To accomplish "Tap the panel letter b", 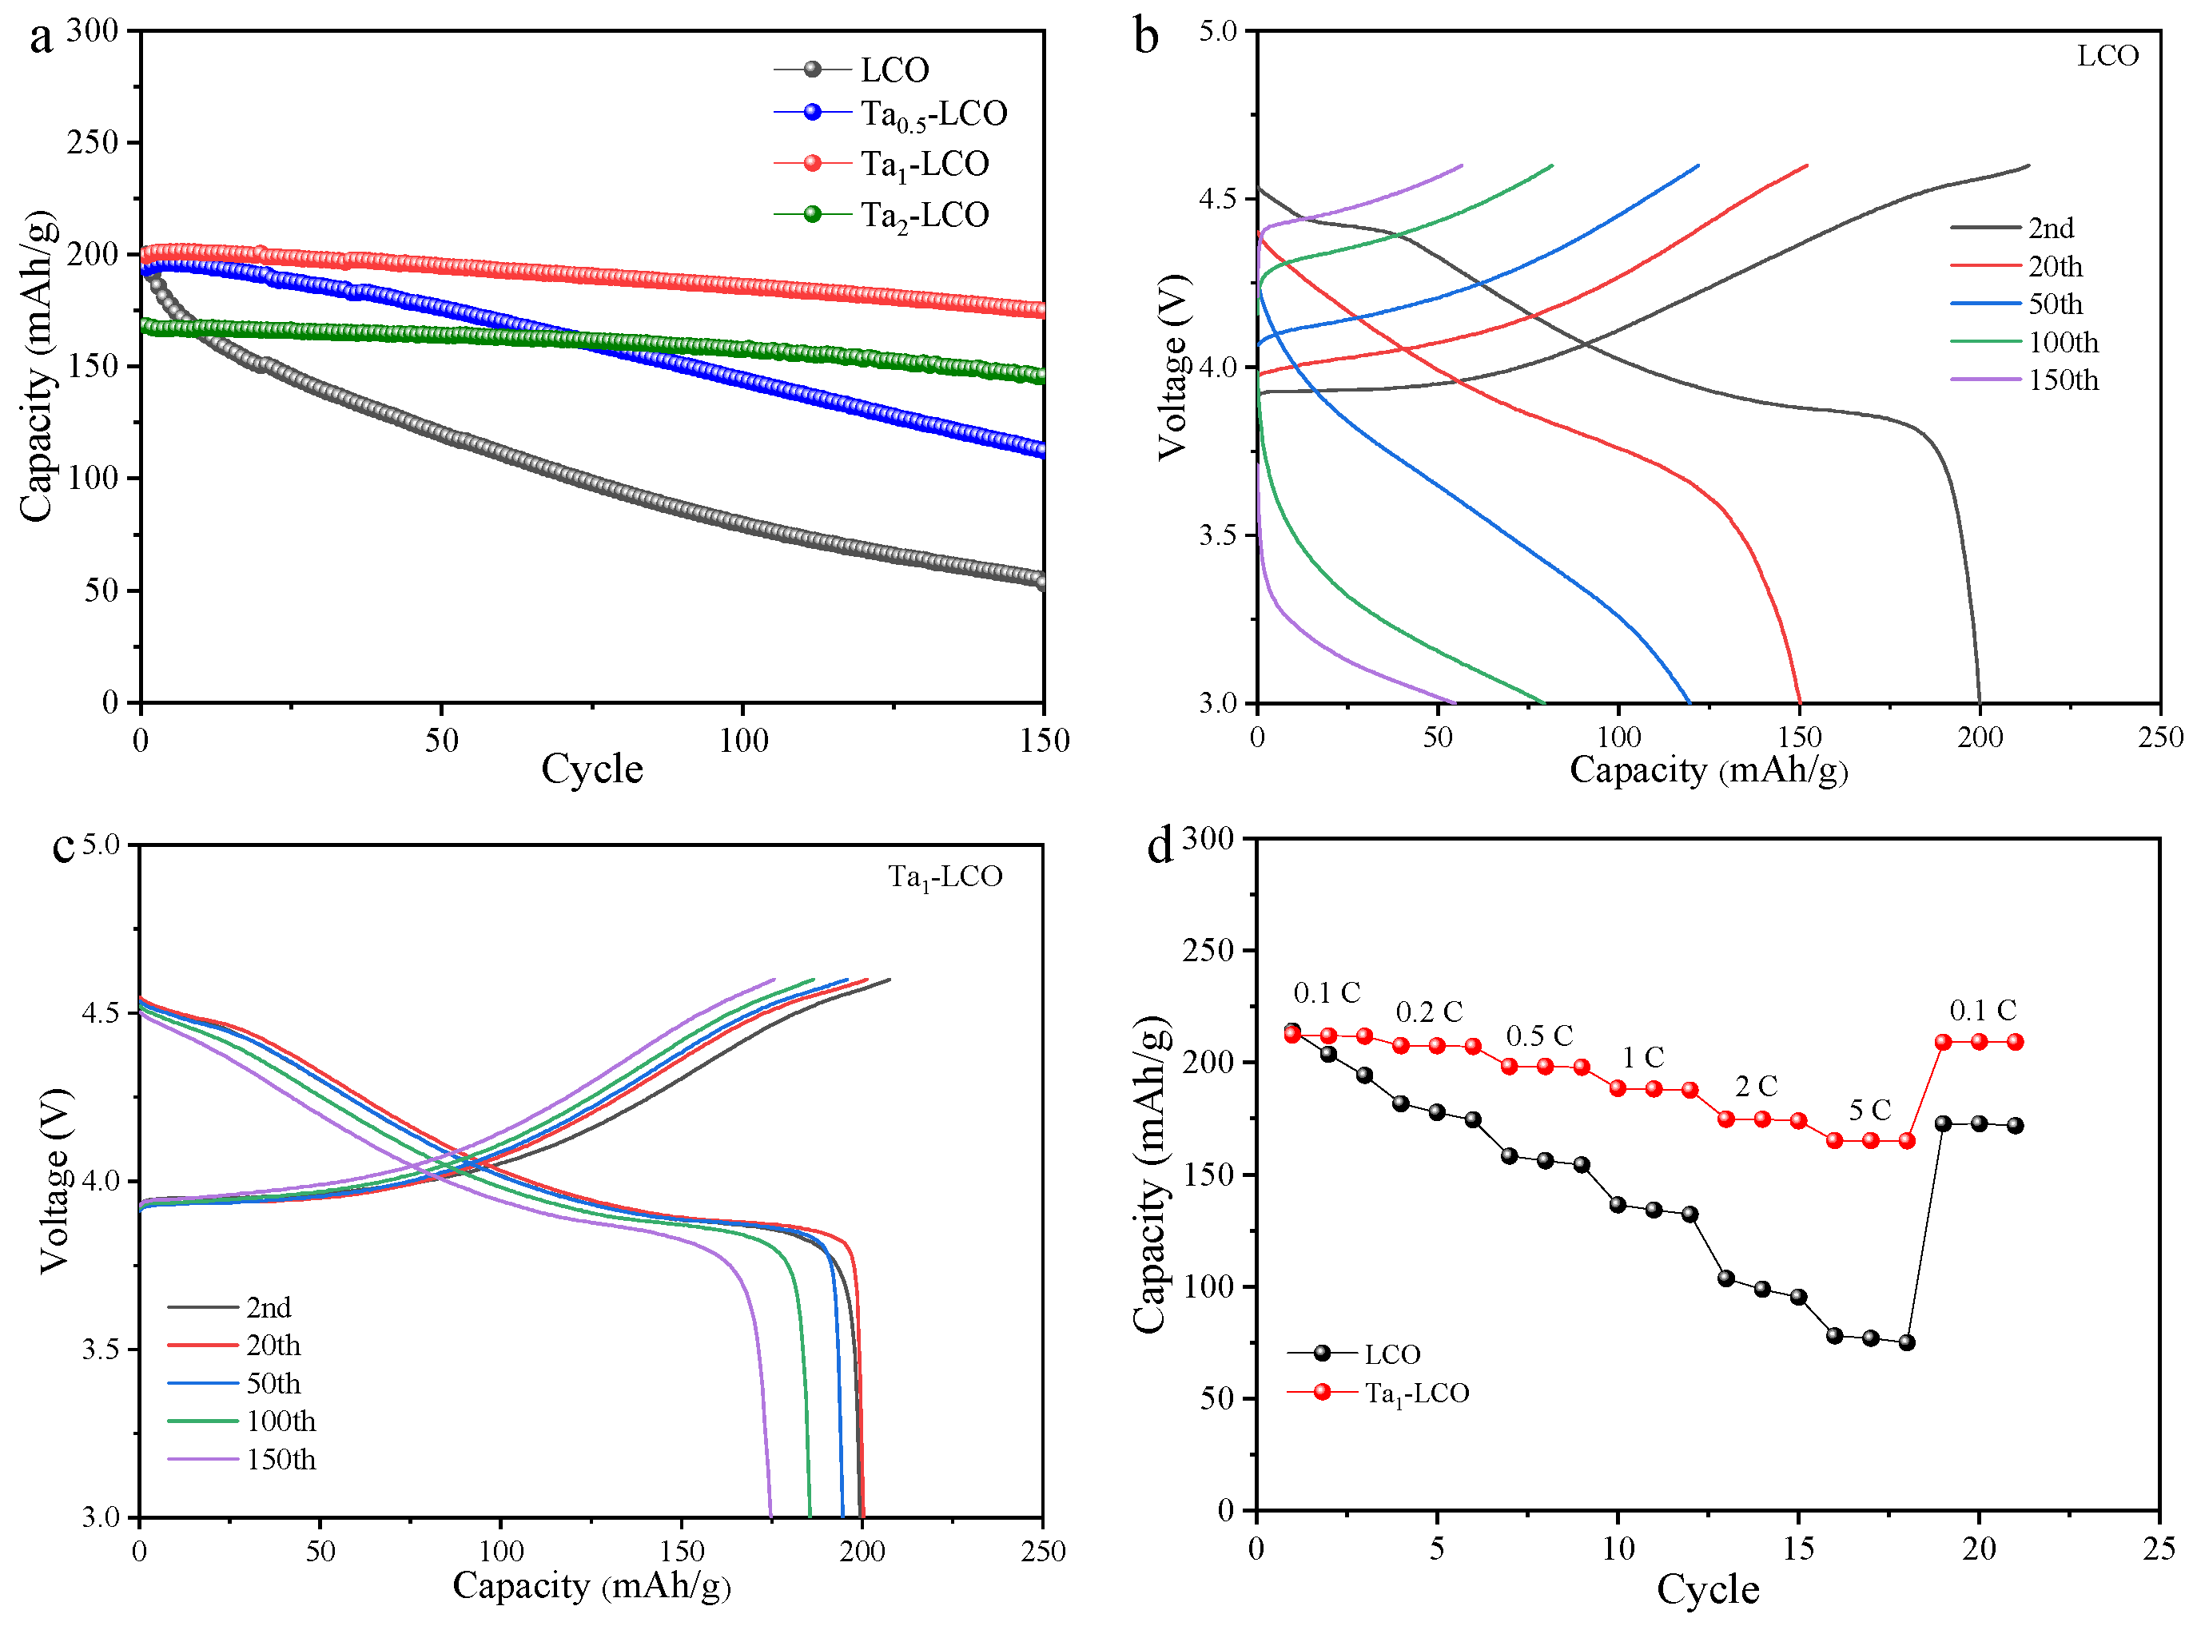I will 1146,38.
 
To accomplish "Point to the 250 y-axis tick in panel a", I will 93,143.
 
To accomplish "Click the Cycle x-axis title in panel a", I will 591,769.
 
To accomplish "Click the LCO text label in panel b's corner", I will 2107,56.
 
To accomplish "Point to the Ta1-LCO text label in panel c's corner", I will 944,877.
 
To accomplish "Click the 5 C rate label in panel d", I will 1869,1111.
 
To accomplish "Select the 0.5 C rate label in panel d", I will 1539,1036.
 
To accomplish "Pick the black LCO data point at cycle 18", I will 1907,1342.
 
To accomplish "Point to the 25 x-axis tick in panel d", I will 2159,1550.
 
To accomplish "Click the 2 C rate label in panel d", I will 1755,1087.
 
